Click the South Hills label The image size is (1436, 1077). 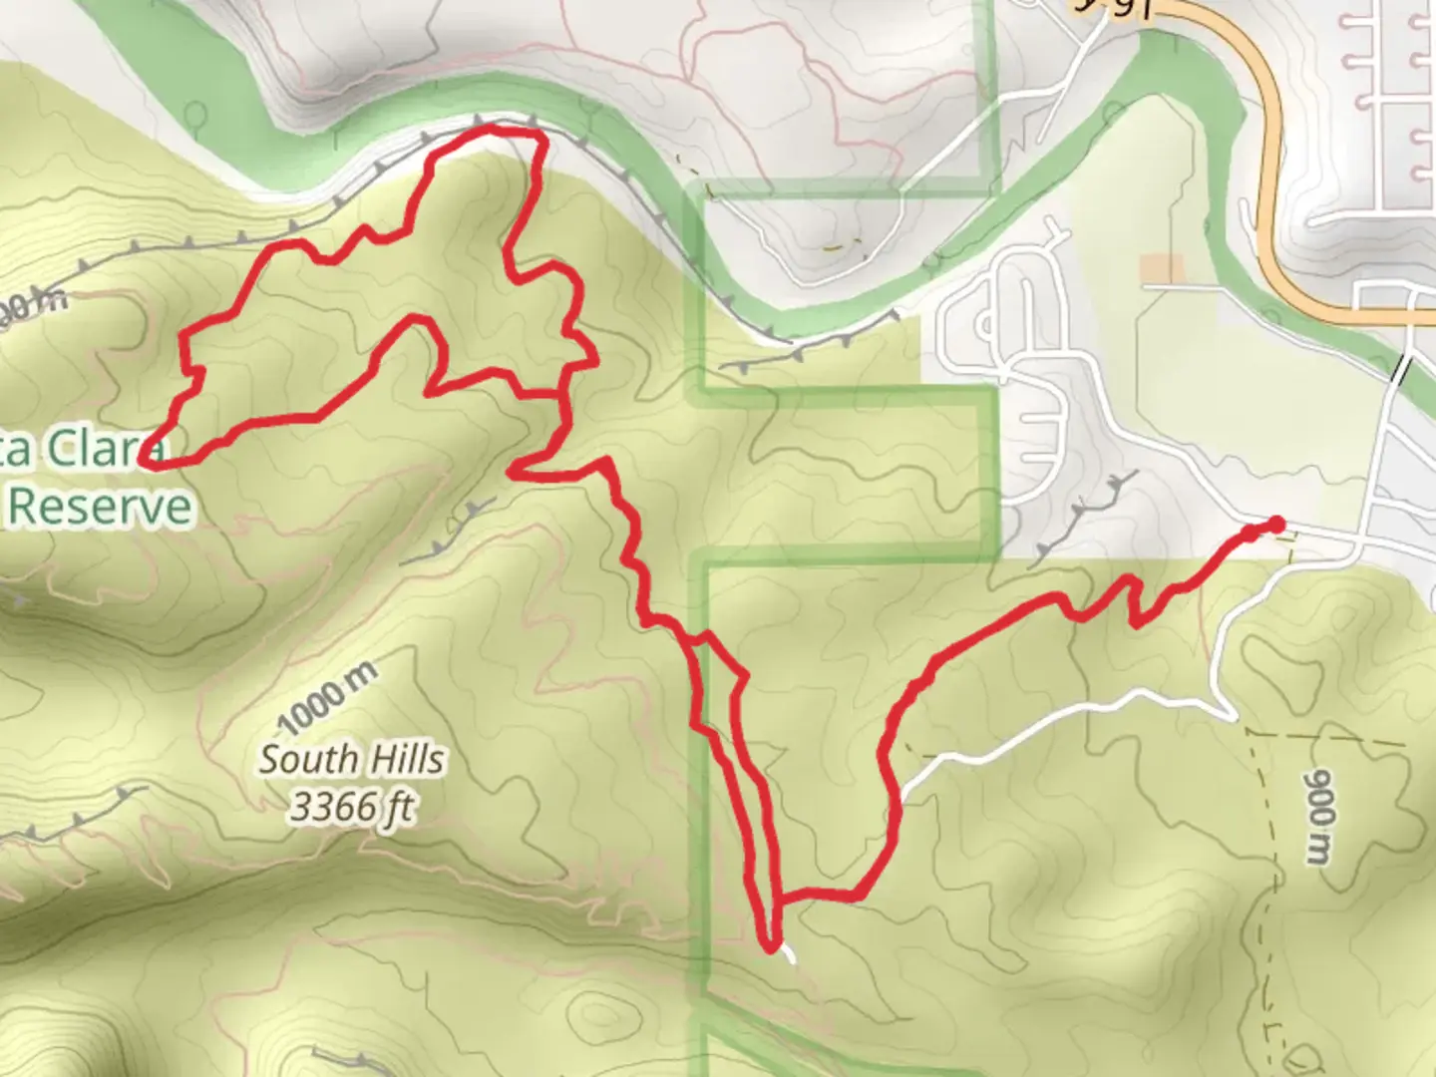[x=351, y=760]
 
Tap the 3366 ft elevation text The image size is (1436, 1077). [x=351, y=806]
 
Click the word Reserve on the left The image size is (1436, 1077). [x=100, y=507]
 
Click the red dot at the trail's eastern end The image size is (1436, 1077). [x=1274, y=526]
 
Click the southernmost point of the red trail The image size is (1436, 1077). [x=770, y=947]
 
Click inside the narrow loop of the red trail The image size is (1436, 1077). [x=720, y=688]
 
